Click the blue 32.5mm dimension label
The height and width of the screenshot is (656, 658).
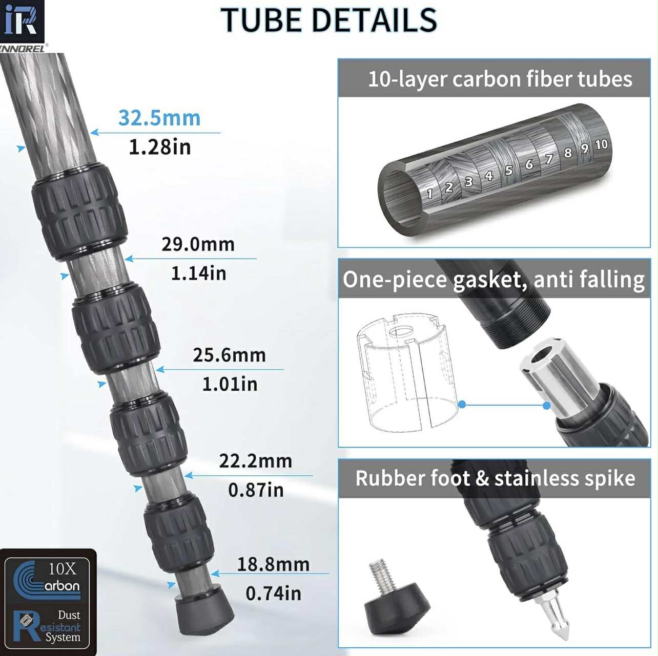click(x=159, y=118)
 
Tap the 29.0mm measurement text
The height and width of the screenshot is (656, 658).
click(x=198, y=244)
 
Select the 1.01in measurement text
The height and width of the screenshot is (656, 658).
click(x=230, y=384)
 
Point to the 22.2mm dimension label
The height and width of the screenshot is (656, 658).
click(x=255, y=461)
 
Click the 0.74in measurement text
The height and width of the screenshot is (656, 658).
click(x=273, y=594)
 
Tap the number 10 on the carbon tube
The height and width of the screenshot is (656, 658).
click(x=601, y=145)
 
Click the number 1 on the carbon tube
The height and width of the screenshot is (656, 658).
click(x=429, y=194)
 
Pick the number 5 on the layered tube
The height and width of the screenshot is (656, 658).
click(x=509, y=170)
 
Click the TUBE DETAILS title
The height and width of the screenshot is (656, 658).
click(x=328, y=20)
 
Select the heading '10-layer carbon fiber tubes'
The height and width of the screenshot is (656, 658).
click(x=500, y=79)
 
